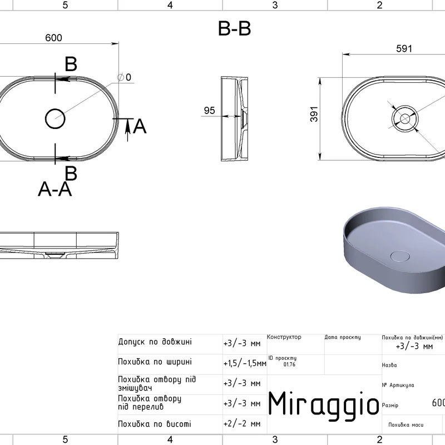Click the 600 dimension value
point(53,38)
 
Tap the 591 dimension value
point(404,49)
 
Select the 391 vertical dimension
point(314,115)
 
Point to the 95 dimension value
point(210,110)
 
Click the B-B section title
point(234,29)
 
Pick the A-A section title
point(55,189)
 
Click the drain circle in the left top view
point(55,118)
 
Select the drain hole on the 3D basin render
point(400,256)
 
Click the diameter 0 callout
point(124,77)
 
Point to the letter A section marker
point(140,126)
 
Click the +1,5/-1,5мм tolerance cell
point(245,363)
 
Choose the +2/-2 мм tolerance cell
point(242,424)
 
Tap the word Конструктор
point(284,337)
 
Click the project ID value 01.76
point(289,364)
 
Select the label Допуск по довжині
point(155,342)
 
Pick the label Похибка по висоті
point(155,424)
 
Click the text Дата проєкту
point(343,337)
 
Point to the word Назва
point(389,365)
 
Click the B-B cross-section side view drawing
point(234,118)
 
